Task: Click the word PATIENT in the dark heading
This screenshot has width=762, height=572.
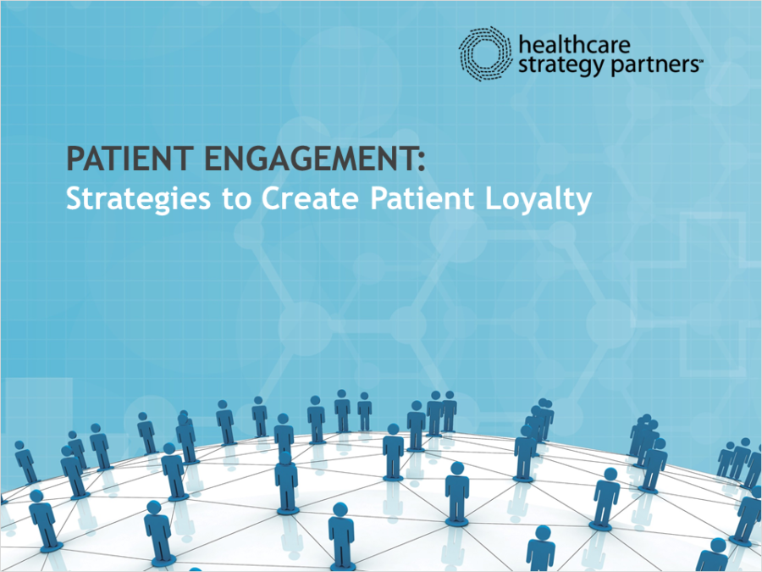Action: pyautogui.click(x=130, y=158)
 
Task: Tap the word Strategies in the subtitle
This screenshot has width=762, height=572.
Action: pyautogui.click(x=139, y=199)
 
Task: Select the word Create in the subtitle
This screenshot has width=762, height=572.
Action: pyautogui.click(x=311, y=198)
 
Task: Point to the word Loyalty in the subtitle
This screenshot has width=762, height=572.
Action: pyautogui.click(x=539, y=199)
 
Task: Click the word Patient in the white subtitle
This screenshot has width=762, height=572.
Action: pyautogui.click(x=422, y=198)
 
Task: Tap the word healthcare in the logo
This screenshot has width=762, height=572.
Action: pyautogui.click(x=574, y=45)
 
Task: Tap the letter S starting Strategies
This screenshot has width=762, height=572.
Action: pyautogui.click(x=74, y=198)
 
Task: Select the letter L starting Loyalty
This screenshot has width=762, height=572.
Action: pyautogui.click(x=493, y=198)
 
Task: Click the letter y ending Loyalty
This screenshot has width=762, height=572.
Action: pyautogui.click(x=584, y=203)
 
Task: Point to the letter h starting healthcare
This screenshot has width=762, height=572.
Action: pyautogui.click(x=525, y=45)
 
